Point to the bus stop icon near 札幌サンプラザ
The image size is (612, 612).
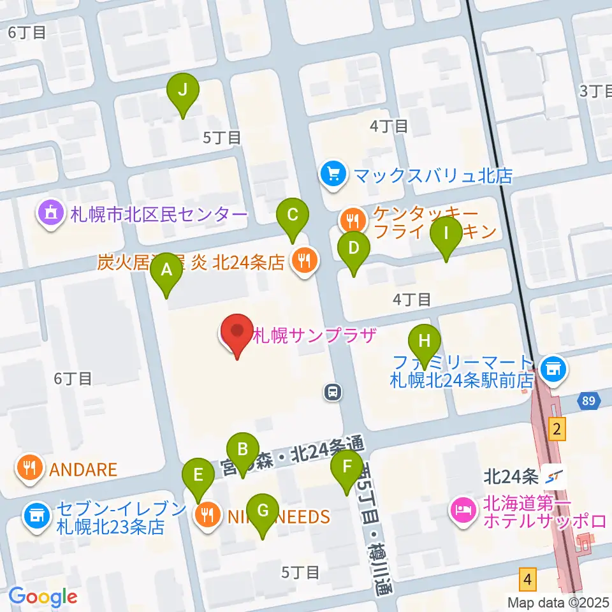point(332,392)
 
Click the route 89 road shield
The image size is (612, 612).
point(589,402)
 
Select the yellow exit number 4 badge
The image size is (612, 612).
point(527,579)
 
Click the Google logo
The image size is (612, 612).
point(43,597)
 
